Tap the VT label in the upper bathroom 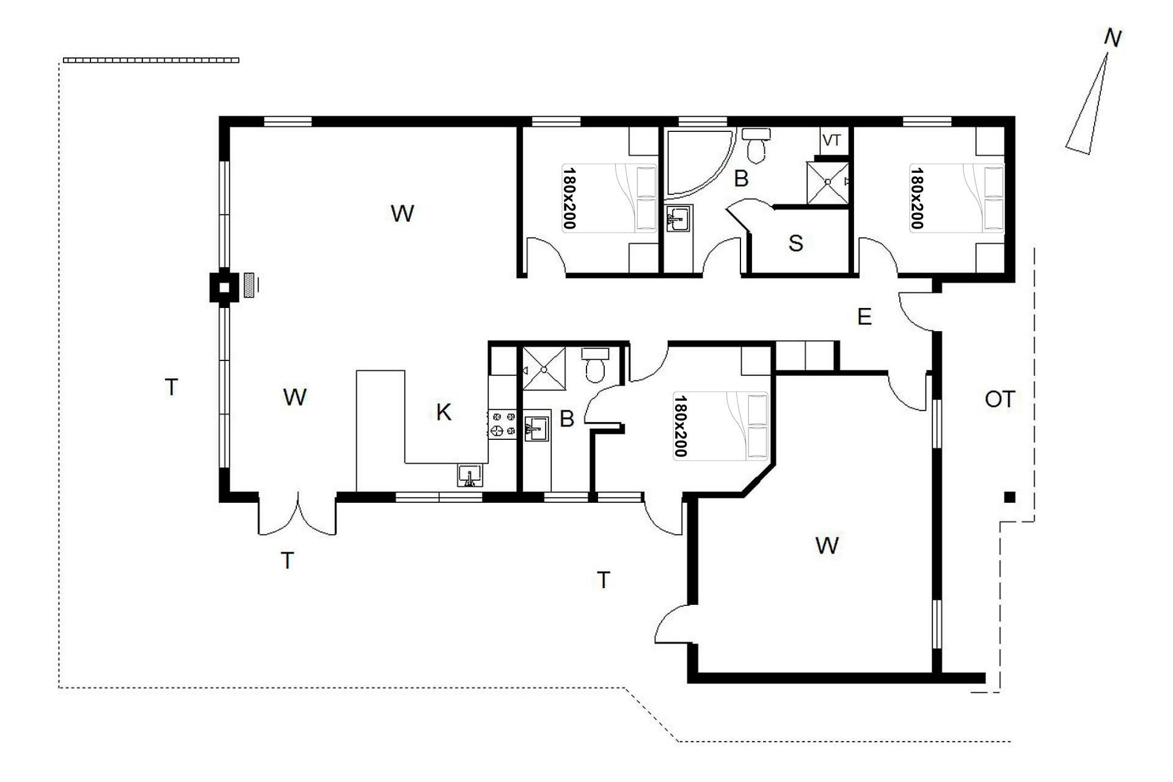point(831,141)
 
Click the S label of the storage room point(795,243)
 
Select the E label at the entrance point(864,317)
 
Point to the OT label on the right point(999,400)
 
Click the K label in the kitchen point(444,413)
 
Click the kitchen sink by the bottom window point(470,475)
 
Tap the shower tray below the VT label point(828,182)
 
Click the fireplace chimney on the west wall point(224,286)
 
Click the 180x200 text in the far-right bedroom point(917,199)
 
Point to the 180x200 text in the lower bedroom point(681,426)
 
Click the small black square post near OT point(1010,498)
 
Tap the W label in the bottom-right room point(827,546)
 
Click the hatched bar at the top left point(151,60)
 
